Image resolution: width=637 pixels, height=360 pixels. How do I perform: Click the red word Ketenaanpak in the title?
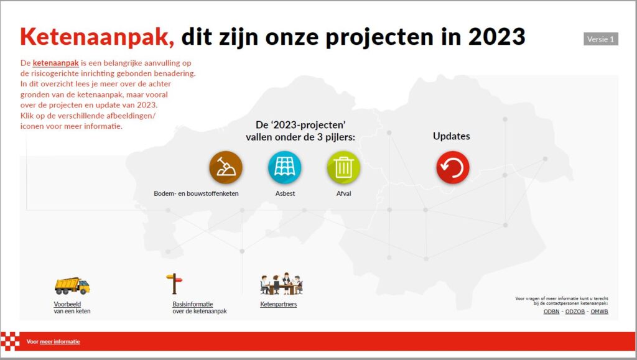97,37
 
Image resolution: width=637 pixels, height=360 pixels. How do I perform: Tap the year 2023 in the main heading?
496,37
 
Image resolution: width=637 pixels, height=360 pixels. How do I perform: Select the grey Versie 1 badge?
601,39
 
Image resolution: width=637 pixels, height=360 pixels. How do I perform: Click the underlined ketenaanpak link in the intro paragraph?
55,63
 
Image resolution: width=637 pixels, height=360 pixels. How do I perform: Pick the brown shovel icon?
226,167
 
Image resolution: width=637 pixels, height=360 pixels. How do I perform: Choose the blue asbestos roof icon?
285,167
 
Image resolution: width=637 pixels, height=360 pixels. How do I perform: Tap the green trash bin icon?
343,167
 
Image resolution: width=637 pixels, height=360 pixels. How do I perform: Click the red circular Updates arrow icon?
453,167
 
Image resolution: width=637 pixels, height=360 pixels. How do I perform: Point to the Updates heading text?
452,136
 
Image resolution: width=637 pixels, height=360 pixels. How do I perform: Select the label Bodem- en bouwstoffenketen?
196,193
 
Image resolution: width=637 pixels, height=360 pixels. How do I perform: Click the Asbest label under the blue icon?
285,193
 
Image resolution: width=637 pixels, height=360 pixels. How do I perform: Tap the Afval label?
343,193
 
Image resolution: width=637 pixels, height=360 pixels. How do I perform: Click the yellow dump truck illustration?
72,286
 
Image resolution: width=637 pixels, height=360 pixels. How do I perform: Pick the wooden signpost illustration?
174,284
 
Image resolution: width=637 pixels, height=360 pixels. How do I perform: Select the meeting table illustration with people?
282,284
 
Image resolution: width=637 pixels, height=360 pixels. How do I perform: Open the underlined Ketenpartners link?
279,304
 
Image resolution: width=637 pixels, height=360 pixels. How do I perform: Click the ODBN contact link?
551,312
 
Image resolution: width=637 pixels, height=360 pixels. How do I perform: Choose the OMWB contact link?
599,312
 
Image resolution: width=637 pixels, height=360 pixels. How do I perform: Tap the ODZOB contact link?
575,312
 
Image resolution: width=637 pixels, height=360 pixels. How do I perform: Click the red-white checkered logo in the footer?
10,341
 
